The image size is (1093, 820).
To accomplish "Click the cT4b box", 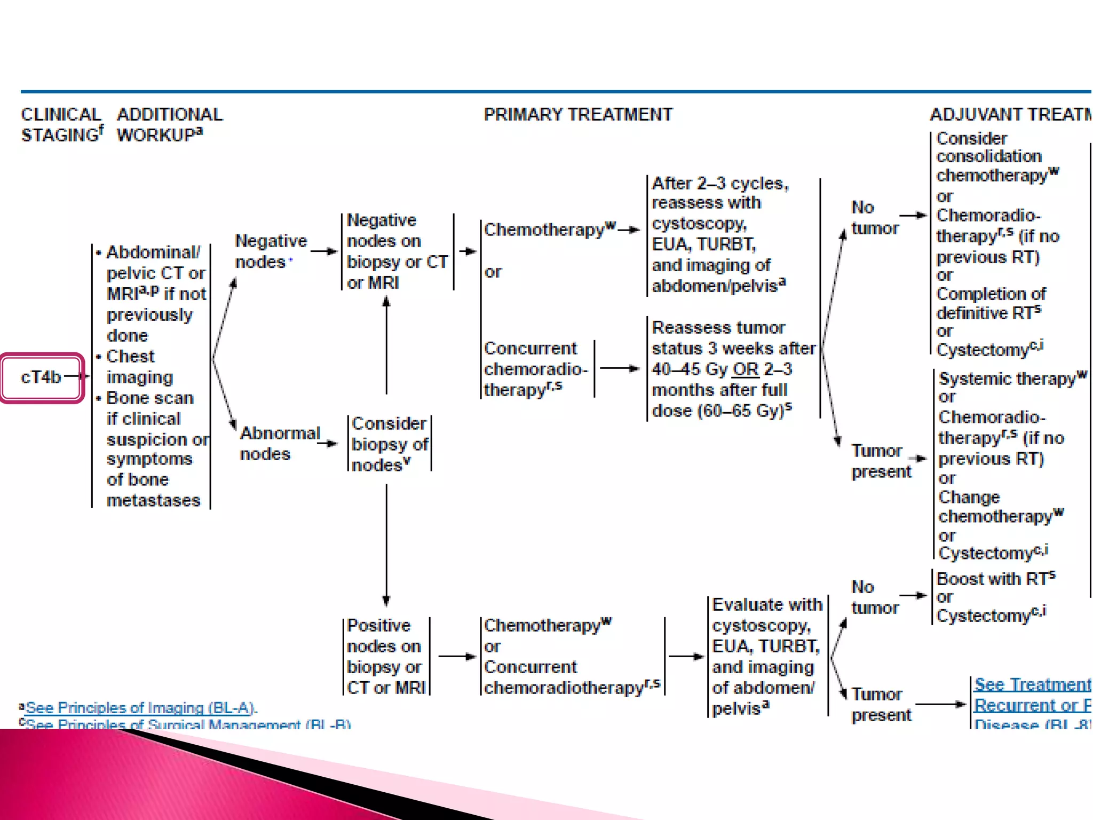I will click(x=42, y=377).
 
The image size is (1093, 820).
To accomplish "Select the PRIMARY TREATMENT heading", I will click(x=578, y=114).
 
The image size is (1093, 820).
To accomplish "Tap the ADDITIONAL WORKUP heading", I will click(x=170, y=124).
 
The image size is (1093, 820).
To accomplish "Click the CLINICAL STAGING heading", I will click(x=61, y=124).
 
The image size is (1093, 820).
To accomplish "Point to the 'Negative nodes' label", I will click(x=271, y=251).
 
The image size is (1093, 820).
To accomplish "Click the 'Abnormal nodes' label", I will click(x=280, y=443).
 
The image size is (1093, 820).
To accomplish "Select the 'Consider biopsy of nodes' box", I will click(x=390, y=444).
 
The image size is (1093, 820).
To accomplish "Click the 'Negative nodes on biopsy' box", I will click(x=397, y=251).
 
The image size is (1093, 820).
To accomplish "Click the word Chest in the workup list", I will click(x=130, y=356).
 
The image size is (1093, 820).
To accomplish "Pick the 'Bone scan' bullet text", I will click(x=150, y=398).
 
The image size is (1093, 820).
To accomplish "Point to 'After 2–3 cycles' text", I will click(x=719, y=183).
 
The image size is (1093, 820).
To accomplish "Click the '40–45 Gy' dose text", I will click(x=690, y=369).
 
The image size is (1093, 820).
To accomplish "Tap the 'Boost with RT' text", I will click(x=992, y=579).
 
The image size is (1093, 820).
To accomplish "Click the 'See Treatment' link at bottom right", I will click(x=1032, y=685).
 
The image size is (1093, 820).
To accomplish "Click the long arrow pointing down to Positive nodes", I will click(x=386, y=545).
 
